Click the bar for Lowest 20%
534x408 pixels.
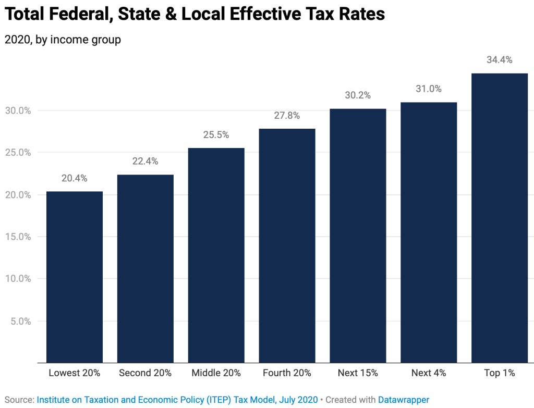pyautogui.click(x=75, y=277)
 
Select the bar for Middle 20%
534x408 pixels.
pyautogui.click(x=216, y=255)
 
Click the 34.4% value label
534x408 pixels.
pyautogui.click(x=500, y=60)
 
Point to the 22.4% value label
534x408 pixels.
pyautogui.click(x=145, y=162)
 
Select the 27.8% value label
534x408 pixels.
pyautogui.click(x=287, y=116)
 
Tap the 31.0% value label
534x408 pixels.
pyautogui.click(x=429, y=89)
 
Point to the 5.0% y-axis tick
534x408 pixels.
pyautogui.click(x=21, y=321)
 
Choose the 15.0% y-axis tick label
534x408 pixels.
pyautogui.click(x=19, y=237)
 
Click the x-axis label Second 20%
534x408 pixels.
pyautogui.click(x=144, y=373)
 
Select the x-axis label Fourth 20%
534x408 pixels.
pyautogui.click(x=287, y=373)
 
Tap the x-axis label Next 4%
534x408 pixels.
pyautogui.click(x=428, y=373)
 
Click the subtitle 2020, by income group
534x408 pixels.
pyautogui.click(x=63, y=40)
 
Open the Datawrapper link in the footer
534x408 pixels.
pyautogui.click(x=404, y=400)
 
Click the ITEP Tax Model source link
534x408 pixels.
pyautogui.click(x=177, y=400)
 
